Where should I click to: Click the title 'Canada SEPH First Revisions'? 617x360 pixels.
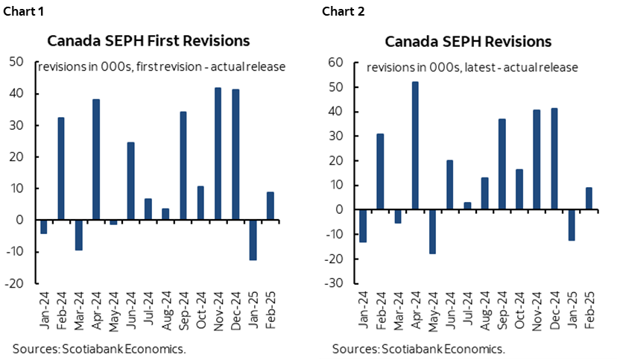pos(148,40)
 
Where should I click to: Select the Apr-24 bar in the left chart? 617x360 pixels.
pos(96,160)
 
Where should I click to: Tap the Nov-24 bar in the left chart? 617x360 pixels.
pos(218,154)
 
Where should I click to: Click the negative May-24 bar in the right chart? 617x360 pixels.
pos(432,232)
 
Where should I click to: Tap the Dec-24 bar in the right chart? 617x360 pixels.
pos(554,159)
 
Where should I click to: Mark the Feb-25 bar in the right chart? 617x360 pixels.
pos(589,198)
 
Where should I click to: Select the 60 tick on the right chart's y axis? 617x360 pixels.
pos(335,63)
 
